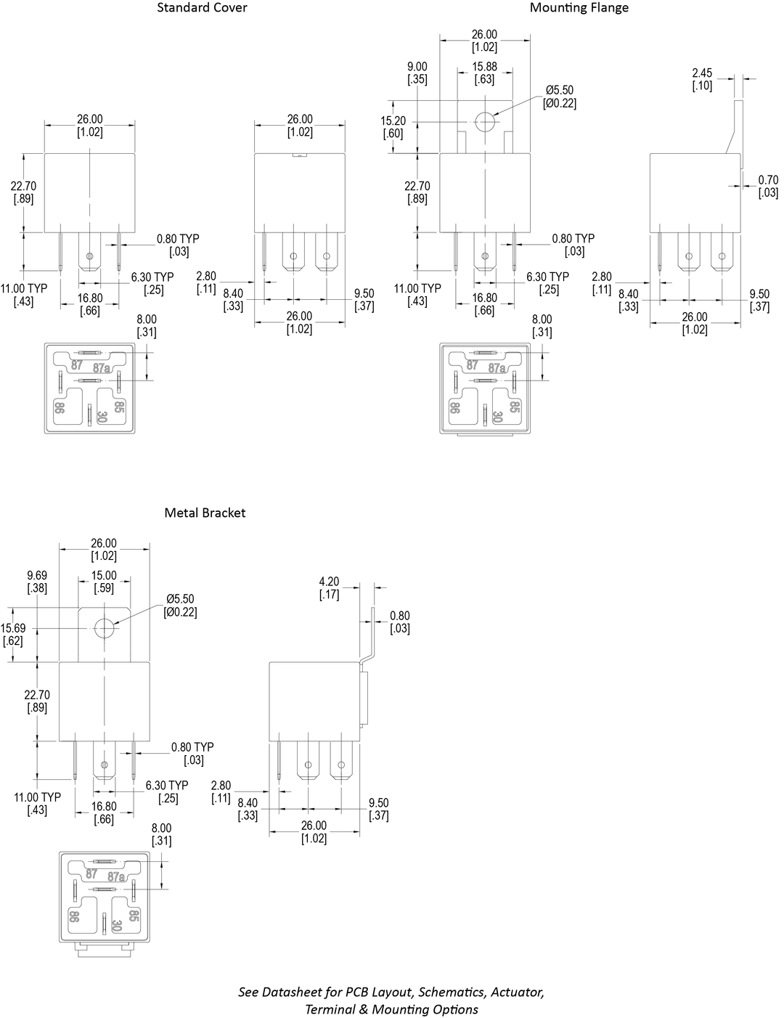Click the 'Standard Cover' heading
point(202,8)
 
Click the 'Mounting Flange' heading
point(579,8)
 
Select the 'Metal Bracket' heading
point(205,513)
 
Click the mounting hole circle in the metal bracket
point(104,628)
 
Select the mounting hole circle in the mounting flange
point(484,122)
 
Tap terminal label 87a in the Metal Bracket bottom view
point(117,877)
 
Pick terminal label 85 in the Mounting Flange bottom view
point(514,407)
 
